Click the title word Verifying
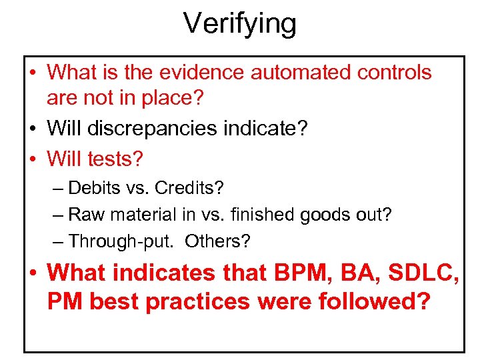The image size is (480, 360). [x=240, y=25]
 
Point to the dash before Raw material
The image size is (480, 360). [x=58, y=215]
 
